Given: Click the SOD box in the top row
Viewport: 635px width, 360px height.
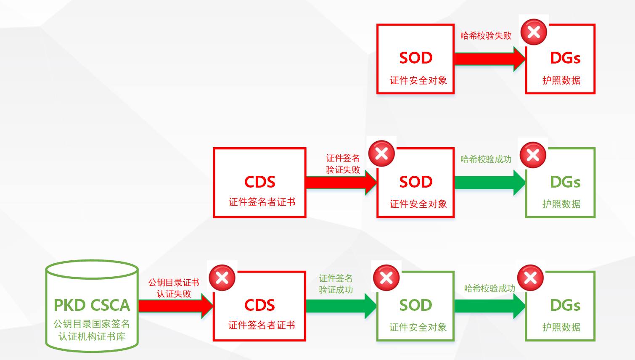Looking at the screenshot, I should pyautogui.click(x=415, y=59).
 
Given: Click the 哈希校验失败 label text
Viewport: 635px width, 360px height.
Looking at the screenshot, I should pyautogui.click(x=486, y=36).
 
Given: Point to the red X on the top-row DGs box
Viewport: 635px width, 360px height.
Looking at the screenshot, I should pyautogui.click(x=534, y=32).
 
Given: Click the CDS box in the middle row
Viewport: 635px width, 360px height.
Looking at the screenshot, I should pyautogui.click(x=259, y=183).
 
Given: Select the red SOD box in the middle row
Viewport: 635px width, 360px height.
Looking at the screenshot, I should pyautogui.click(x=415, y=185).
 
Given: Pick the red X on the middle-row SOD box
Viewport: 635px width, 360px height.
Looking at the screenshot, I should pyautogui.click(x=381, y=154).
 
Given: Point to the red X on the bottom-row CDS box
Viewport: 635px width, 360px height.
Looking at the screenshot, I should pyautogui.click(x=222, y=278).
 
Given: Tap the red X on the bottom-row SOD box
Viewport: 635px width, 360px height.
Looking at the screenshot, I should pyautogui.click(x=386, y=278).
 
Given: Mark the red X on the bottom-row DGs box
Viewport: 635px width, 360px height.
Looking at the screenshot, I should pyautogui.click(x=530, y=278).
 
